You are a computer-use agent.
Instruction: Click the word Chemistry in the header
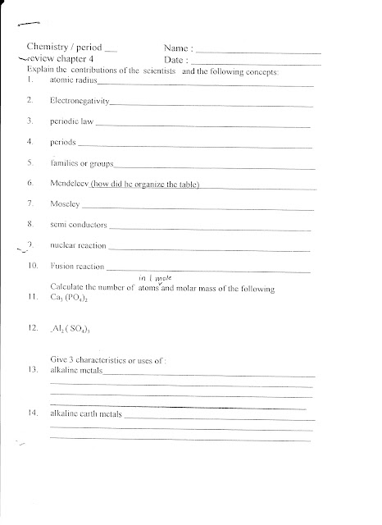point(48,48)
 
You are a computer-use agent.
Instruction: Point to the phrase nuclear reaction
point(78,245)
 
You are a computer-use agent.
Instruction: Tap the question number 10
point(32,267)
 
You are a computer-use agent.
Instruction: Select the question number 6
point(30,182)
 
